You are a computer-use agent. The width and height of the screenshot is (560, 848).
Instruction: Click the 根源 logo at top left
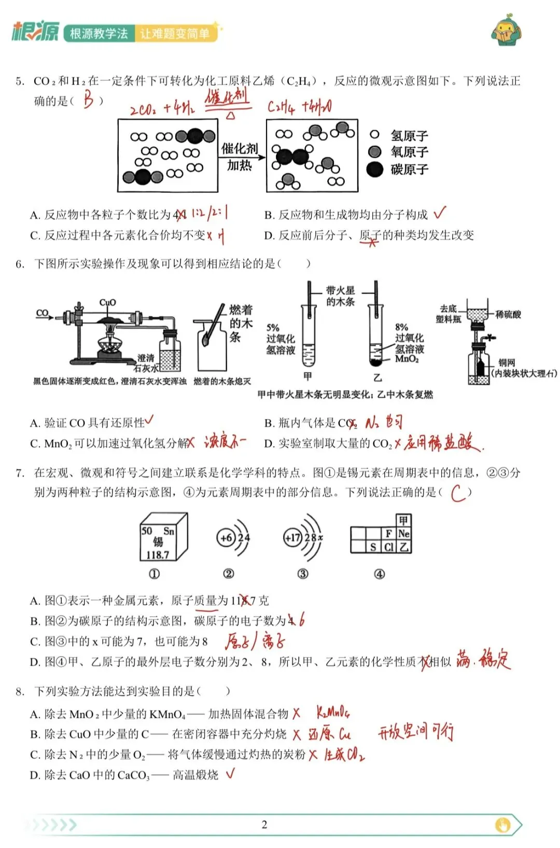35,32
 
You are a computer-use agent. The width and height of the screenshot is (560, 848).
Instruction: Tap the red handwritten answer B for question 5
89,100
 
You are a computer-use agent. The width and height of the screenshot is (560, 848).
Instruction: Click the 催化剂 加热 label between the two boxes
240,157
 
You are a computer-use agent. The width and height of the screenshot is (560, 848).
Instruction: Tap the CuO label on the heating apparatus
107,302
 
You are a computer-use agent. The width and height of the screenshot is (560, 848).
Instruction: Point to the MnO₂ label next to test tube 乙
407,359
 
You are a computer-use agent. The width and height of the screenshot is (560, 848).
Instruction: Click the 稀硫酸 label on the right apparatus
508,314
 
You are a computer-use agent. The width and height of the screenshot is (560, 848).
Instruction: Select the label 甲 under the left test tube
308,377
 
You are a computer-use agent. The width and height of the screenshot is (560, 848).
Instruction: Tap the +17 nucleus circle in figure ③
292,538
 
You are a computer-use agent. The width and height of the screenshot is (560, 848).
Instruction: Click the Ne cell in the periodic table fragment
404,533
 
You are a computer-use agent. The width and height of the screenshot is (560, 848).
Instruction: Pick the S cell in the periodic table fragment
373,547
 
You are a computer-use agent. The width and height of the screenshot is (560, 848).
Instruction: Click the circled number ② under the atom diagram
229,574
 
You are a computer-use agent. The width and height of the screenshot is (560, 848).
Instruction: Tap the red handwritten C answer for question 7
457,493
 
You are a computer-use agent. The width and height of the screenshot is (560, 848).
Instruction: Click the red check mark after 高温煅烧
230,774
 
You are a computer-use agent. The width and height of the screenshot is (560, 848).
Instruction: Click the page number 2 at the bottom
264,825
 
